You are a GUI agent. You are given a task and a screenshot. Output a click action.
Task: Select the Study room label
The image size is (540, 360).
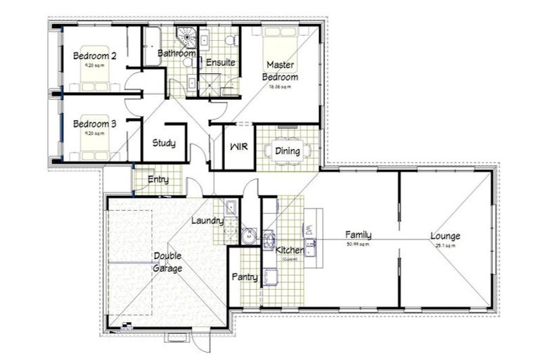[164, 143]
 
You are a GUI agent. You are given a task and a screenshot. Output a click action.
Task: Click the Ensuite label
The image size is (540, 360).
[220, 63]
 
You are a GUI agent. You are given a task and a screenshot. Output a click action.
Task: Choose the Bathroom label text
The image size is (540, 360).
[176, 53]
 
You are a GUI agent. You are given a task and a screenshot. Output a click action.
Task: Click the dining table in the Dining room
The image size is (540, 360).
[288, 151]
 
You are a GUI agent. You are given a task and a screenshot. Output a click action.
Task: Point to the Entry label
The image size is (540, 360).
[158, 180]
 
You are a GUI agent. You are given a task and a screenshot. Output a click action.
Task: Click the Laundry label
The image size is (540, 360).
[207, 221]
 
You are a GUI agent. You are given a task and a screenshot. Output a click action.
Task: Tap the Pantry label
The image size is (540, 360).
[245, 277]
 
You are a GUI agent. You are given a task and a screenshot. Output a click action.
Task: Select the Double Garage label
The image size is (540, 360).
[168, 262]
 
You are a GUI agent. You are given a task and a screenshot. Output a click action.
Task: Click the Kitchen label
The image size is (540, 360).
[290, 250]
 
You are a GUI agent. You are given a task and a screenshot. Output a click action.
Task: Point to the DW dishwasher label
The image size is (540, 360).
[309, 229]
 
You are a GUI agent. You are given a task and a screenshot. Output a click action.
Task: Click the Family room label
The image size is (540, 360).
[358, 236]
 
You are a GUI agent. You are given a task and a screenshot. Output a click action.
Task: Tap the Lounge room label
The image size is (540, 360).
[445, 236]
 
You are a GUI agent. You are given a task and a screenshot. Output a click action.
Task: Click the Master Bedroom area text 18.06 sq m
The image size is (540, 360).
[280, 88]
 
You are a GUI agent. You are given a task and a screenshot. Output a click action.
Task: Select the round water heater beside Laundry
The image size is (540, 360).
[249, 237]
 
